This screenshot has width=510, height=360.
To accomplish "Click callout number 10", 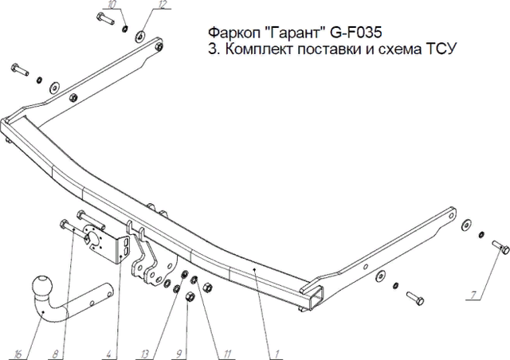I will tap(112, 6).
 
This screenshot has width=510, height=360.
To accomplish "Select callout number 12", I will tap(162, 6).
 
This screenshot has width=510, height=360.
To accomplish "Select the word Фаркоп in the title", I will tap(232, 33).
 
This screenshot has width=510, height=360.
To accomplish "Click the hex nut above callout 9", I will tap(190, 297).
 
